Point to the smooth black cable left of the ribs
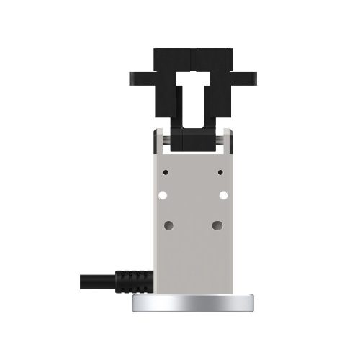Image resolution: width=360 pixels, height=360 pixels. (90, 278)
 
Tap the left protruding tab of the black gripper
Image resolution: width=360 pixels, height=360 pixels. (140, 77)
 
